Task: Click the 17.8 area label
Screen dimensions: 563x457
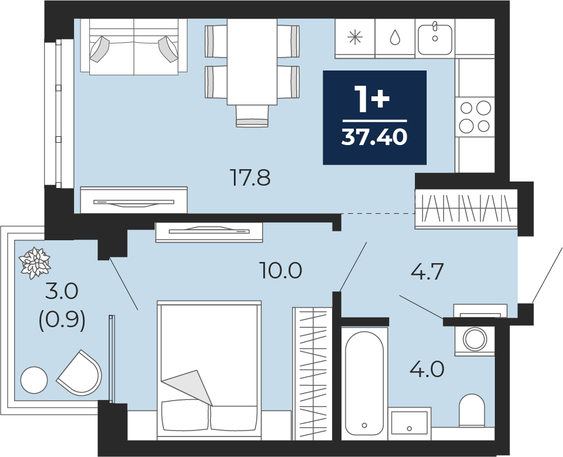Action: pyautogui.click(x=250, y=178)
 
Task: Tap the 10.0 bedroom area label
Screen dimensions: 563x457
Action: pyautogui.click(x=280, y=271)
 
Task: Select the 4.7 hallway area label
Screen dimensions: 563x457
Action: pyautogui.click(x=427, y=271)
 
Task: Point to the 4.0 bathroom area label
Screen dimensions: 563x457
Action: pyautogui.click(x=427, y=369)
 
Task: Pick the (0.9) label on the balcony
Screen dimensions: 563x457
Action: pyautogui.click(x=62, y=320)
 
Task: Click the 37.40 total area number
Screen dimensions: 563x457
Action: pyautogui.click(x=374, y=137)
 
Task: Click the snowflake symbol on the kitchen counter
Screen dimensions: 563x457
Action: pyautogui.click(x=356, y=37)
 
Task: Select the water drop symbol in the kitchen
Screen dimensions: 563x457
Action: pyautogui.click(x=395, y=37)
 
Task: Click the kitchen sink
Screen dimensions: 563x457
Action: pyautogui.click(x=435, y=38)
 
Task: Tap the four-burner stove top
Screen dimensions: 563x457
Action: pyautogui.click(x=475, y=117)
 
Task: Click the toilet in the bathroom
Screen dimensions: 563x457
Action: pyautogui.click(x=472, y=411)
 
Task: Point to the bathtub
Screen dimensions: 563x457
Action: pyautogui.click(x=364, y=383)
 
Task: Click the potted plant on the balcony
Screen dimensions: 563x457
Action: pyautogui.click(x=35, y=263)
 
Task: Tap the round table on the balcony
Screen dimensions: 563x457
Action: pyautogui.click(x=34, y=380)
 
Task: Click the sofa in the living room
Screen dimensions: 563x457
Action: pyautogui.click(x=133, y=46)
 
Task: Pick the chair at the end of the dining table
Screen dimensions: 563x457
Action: pyautogui.click(x=252, y=116)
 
